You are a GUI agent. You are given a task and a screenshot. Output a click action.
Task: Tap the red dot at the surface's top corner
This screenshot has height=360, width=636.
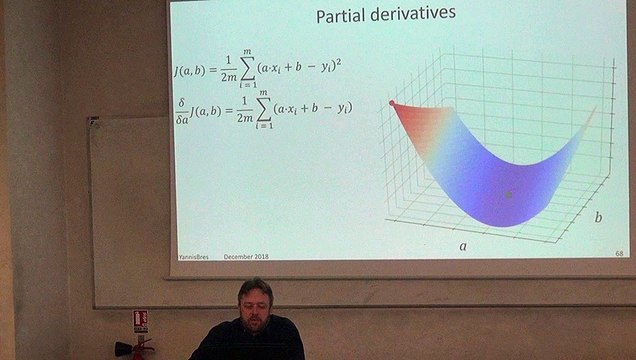pos(392,103)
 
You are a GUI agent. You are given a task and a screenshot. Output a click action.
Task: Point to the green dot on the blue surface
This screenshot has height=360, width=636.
pos(509,194)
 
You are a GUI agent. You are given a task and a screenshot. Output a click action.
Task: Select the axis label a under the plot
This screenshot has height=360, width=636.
pos(462,244)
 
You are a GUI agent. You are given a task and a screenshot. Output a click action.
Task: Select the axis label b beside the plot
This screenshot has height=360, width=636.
pos(598,216)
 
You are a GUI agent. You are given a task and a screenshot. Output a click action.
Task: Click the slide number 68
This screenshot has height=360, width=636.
pos(619,254)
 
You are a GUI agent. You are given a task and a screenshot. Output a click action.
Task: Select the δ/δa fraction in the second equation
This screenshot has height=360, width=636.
pos(181,108)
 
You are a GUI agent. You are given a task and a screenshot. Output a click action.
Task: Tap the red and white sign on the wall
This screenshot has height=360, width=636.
pos(140,320)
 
